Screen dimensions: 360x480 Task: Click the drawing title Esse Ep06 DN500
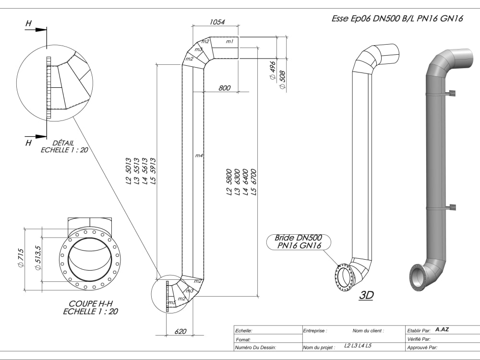click(397, 19)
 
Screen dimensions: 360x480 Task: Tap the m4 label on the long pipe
click(199, 156)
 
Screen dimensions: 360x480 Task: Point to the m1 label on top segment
click(229, 42)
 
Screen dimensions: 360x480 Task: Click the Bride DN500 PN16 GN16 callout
click(298, 241)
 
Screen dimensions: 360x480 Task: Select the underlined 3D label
click(366, 295)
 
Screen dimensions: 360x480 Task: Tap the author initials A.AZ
click(442, 330)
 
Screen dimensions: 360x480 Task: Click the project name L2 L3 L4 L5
click(358, 346)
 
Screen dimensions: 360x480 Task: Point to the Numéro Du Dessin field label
click(255, 347)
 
